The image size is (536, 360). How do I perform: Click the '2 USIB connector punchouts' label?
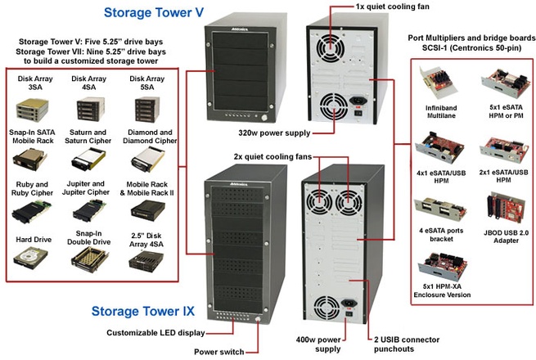(x=411, y=341)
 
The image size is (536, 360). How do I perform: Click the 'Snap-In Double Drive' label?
(x=88, y=241)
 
